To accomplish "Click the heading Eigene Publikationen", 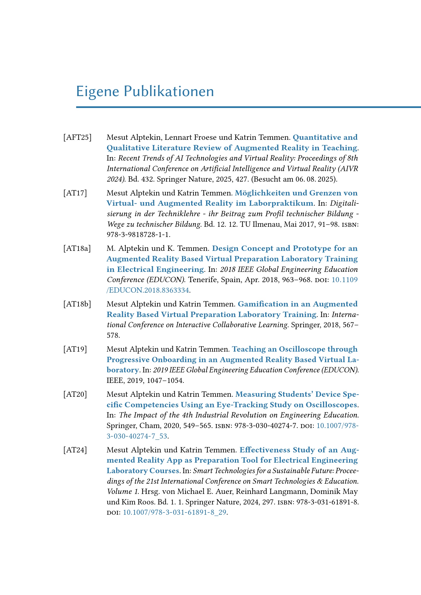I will point(145,91).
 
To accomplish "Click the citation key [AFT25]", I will point(77,137).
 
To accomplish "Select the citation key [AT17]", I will point(75,193).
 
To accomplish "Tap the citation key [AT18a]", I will point(77,248).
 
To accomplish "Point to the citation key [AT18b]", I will point(77,304).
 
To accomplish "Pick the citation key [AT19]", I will point(75,349).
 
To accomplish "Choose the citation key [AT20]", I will point(75,394).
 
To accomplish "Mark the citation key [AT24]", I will point(75,450).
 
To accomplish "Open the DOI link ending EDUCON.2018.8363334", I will point(148,290).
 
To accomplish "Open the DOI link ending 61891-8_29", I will point(174,512).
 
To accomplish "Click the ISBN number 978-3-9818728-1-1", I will point(138,235).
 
